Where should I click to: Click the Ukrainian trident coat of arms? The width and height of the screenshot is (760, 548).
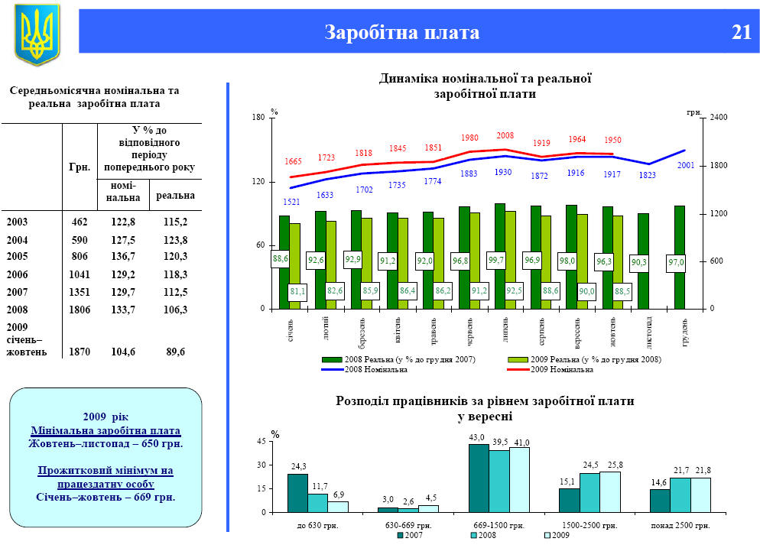tap(37, 35)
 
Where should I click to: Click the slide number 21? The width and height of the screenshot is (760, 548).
tap(741, 32)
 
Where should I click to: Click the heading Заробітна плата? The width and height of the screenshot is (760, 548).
tap(401, 32)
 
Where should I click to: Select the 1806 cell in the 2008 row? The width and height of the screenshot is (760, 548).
tap(79, 310)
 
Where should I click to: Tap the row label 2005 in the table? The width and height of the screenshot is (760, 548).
tap(18, 256)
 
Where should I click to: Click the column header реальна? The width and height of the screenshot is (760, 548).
tap(175, 196)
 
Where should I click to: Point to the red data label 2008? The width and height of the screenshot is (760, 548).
tap(505, 135)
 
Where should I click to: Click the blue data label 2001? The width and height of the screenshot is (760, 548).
tap(686, 165)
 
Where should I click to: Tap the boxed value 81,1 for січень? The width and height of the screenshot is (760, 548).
tap(298, 291)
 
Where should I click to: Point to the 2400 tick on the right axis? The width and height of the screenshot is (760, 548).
tap(719, 118)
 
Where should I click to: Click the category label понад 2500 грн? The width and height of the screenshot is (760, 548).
tap(680, 525)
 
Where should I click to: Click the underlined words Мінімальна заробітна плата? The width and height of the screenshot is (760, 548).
tap(106, 430)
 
